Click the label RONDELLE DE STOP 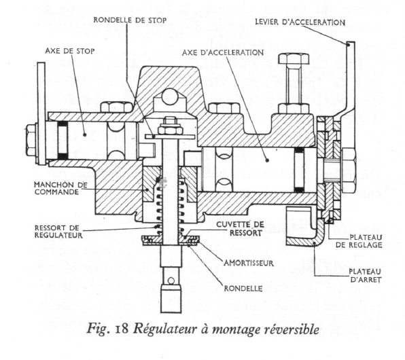[130, 20]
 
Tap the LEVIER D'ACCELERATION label [300, 22]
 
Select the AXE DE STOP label [70, 51]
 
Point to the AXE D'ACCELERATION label [223, 52]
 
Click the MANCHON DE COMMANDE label [60, 188]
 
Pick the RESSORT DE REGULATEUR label [58, 232]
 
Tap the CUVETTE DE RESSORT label [240, 228]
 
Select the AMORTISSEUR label [249, 263]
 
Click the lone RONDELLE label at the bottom [243, 288]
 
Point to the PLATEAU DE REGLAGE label [359, 241]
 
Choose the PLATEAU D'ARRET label [365, 276]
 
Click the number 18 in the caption [122, 329]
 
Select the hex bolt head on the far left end [31, 140]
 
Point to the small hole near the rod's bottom [171, 281]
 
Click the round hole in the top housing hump [170, 96]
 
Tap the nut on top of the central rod [171, 126]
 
